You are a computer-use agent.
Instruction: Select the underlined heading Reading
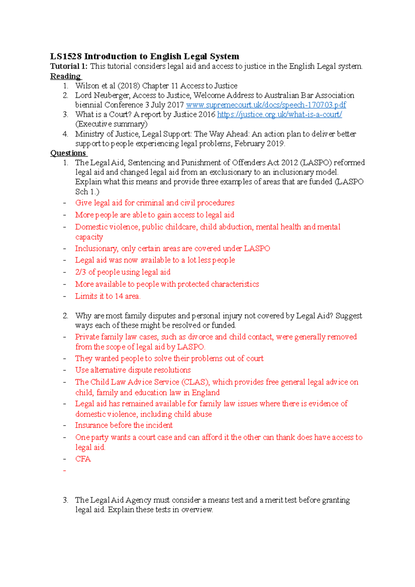tap(65, 76)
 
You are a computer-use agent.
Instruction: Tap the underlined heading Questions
tap(68, 153)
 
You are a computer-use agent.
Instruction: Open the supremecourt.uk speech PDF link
tap(266, 105)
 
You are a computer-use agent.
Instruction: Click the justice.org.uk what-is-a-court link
tap(279, 114)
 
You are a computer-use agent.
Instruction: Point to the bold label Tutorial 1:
tap(69, 66)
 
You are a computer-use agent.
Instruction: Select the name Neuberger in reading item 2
tap(112, 95)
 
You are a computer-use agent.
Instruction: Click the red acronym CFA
tap(83, 459)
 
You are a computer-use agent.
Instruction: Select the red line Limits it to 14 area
tap(108, 296)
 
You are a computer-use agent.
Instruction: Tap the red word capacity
tap(89, 237)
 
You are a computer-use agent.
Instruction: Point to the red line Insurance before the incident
tap(124, 425)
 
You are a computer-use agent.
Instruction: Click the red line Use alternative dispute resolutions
tap(133, 370)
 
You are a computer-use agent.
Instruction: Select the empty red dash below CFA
tap(65, 471)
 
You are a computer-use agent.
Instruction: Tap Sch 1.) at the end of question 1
tap(87, 192)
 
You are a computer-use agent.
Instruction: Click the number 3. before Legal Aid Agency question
tap(65, 500)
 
